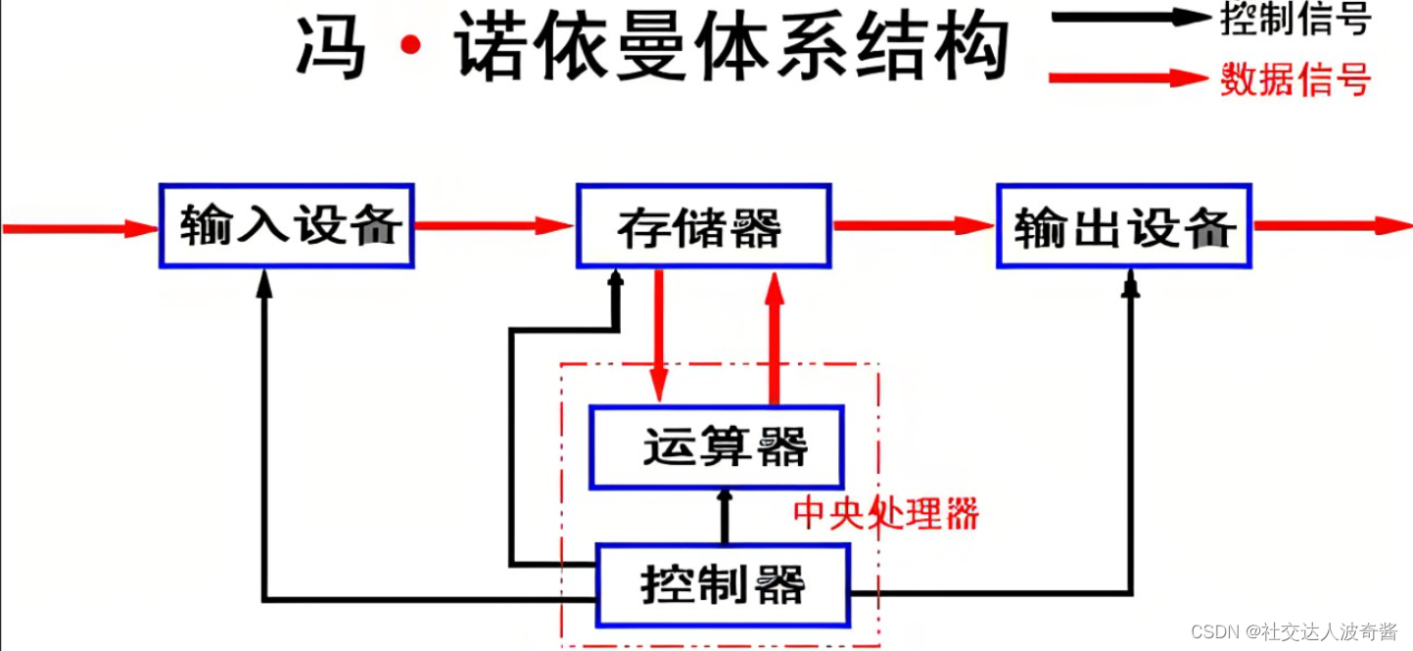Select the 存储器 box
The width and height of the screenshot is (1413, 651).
click(x=703, y=225)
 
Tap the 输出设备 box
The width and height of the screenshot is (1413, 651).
click(x=1124, y=225)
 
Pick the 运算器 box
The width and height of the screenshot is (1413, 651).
click(x=717, y=447)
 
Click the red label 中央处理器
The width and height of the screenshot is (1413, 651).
click(x=885, y=513)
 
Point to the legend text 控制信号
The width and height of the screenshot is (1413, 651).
click(x=1295, y=20)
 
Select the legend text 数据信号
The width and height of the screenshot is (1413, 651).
click(x=1295, y=78)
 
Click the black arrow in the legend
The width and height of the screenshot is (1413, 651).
click(x=1126, y=17)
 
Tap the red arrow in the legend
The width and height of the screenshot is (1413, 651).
click(x=1126, y=77)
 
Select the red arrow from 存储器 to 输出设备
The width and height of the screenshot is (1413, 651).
click(x=914, y=226)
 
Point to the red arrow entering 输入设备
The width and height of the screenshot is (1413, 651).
click(x=78, y=229)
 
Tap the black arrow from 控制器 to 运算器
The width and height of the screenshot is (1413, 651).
click(x=725, y=516)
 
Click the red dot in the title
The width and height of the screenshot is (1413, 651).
click(x=412, y=44)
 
